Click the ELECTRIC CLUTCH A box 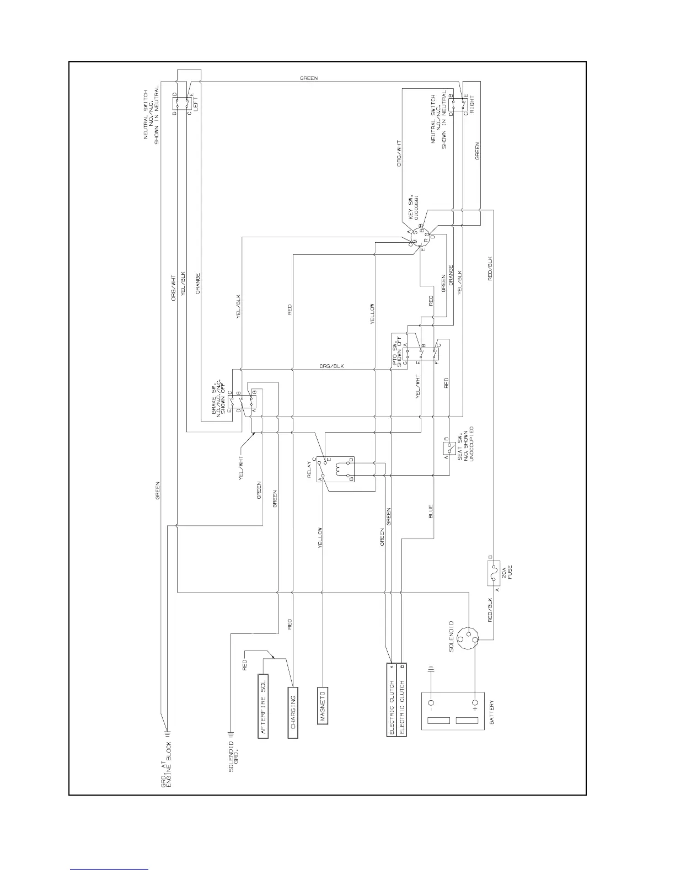tap(391, 699)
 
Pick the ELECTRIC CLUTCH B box tap(403, 699)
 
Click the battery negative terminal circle tap(431, 704)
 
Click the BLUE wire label tap(430, 511)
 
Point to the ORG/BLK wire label tap(331, 366)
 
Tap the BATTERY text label tap(491, 713)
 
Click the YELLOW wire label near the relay tap(319, 537)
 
